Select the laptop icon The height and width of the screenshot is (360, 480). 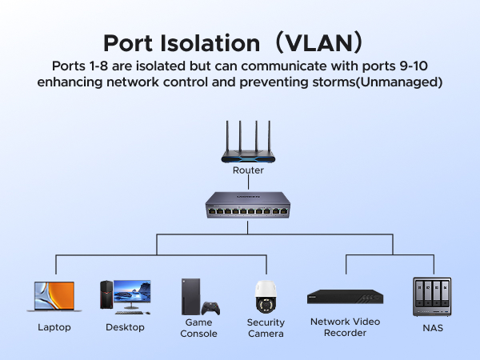coord(54,297)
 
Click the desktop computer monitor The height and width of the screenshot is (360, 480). coord(132,294)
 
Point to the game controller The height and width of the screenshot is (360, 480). coord(210,309)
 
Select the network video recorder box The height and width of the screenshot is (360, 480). coord(345,297)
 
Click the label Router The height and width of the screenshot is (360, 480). coord(248,170)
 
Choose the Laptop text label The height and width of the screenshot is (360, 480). coord(54,327)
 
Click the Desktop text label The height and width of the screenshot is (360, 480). coord(126,327)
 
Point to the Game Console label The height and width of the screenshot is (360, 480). coord(198,328)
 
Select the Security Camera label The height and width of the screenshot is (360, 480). coord(266,328)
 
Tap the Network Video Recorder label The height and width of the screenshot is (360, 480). coord(345,327)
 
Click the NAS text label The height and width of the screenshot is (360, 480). coord(432,327)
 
